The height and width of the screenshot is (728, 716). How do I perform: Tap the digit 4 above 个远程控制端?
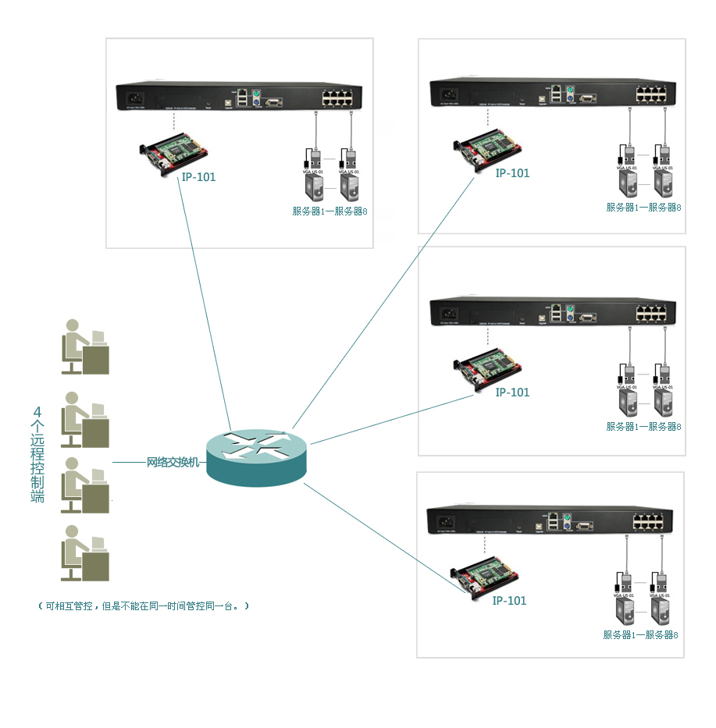pos(37,412)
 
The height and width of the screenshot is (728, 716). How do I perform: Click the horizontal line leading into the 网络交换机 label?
pos(129,463)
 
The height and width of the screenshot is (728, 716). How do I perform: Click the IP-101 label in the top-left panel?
pos(198,177)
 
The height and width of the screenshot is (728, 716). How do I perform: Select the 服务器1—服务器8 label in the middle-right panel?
pos(643,427)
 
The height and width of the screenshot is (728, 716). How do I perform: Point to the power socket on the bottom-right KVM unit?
pos(447,522)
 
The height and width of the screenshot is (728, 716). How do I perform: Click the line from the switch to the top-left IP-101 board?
pos(205,304)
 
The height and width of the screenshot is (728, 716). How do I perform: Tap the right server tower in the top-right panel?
pos(663,184)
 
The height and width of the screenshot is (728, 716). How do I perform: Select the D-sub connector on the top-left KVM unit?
pos(273,101)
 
